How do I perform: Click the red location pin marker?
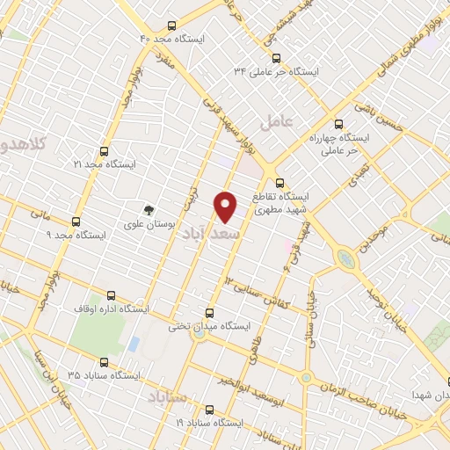tap(227, 206)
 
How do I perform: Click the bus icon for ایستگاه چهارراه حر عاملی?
tap(339, 124)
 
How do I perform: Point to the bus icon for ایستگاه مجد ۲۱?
tap(105, 151)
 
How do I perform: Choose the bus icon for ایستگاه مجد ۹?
tap(76, 221)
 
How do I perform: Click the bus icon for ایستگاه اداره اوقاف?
tap(111, 295)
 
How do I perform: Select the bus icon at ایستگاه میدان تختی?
tap(209, 312)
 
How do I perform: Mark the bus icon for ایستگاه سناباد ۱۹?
tap(209, 409)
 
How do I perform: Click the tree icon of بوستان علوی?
tap(150, 210)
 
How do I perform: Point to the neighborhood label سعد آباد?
tap(209, 236)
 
